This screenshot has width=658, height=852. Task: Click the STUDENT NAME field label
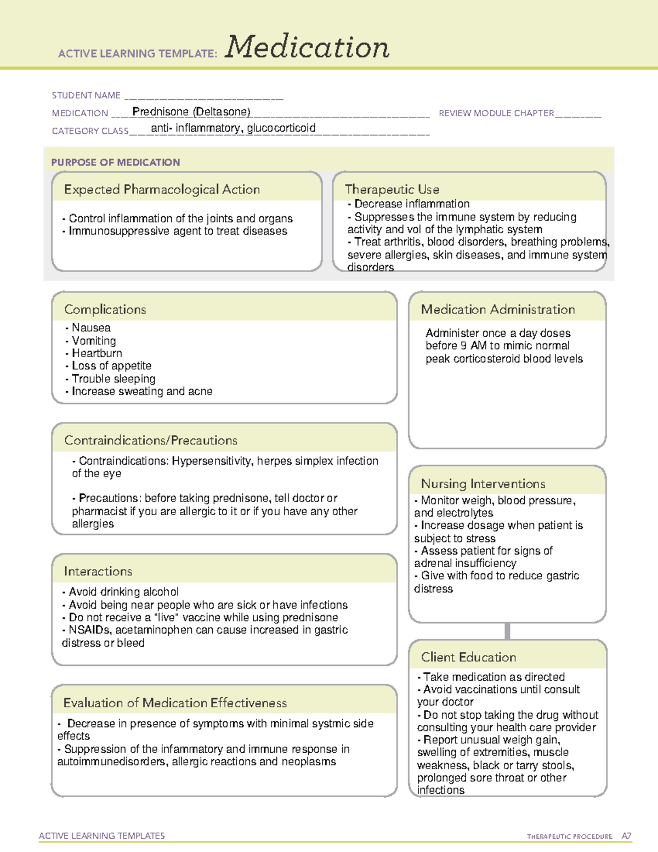(x=86, y=95)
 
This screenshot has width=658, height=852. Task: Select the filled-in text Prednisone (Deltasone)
(x=191, y=112)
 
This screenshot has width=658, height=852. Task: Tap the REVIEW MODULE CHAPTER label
(x=496, y=113)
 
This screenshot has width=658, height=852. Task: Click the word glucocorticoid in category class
(x=281, y=128)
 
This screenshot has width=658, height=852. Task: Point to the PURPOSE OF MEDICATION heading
(x=115, y=162)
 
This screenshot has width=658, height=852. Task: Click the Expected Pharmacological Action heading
(x=162, y=190)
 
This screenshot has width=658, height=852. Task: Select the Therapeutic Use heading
(x=392, y=190)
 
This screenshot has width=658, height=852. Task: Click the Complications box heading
(x=105, y=309)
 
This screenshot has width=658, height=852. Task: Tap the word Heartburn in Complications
(x=97, y=353)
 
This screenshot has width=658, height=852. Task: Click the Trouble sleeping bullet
(x=113, y=379)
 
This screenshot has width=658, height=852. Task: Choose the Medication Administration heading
(x=498, y=309)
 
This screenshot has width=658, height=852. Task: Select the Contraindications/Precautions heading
(x=151, y=441)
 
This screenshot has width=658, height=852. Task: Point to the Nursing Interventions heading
(x=483, y=484)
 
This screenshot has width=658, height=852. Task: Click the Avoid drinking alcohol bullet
(x=123, y=592)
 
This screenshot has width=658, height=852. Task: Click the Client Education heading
(x=468, y=657)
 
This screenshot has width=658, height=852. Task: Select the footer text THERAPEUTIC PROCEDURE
(x=569, y=837)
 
